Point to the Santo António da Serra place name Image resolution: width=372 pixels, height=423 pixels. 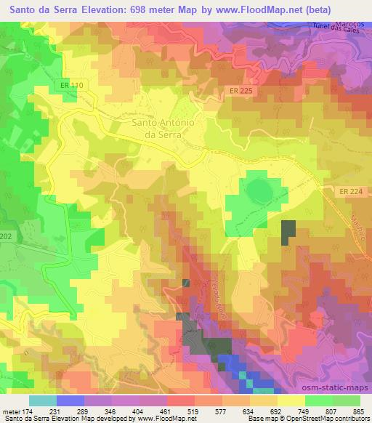click(x=163, y=129)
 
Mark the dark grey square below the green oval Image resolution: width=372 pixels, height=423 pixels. click(x=289, y=231)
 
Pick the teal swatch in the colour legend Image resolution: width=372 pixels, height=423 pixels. click(x=43, y=400)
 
